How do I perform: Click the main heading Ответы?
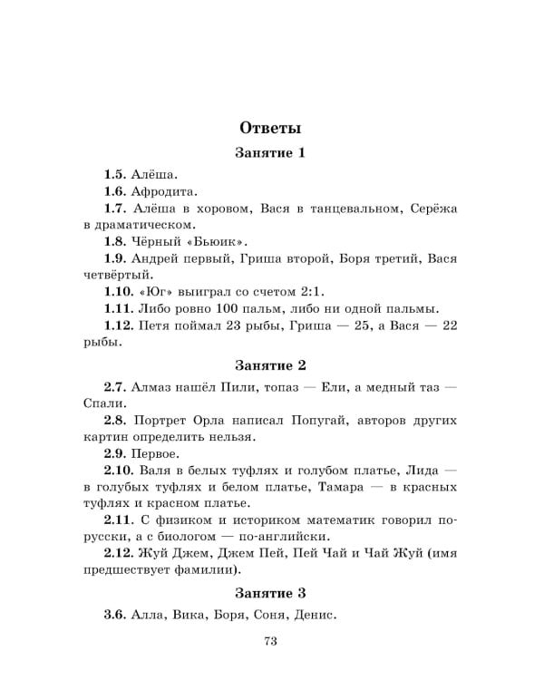pos(271,127)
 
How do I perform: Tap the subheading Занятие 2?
pos(270,365)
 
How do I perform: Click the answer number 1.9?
pos(114,258)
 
